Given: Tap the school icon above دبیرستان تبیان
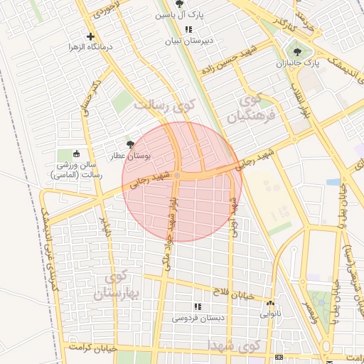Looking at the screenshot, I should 188,29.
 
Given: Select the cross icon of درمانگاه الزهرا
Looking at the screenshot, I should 90,36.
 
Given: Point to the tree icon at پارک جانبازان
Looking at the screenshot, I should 297,51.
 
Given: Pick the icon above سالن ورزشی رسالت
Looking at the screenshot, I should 77,154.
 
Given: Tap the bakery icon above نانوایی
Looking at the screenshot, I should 269,301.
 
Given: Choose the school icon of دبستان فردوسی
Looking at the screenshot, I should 198,307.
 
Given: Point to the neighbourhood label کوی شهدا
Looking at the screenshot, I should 235,344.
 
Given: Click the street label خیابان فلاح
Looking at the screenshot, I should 231,291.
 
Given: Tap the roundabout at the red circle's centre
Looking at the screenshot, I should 177,175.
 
